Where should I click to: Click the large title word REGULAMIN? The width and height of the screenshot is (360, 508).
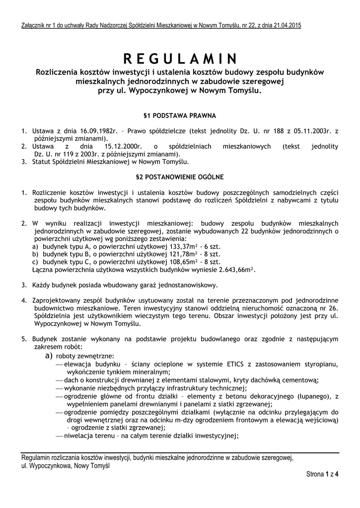pyautogui.click(x=180, y=59)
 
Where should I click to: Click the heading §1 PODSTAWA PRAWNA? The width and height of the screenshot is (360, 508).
pyautogui.click(x=180, y=116)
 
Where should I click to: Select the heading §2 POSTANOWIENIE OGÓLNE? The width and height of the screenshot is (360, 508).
pyautogui.click(x=180, y=177)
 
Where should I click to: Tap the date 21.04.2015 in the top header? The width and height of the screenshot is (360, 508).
pyautogui.click(x=287, y=25)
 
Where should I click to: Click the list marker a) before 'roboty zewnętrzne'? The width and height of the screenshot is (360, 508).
pyautogui.click(x=49, y=356)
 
